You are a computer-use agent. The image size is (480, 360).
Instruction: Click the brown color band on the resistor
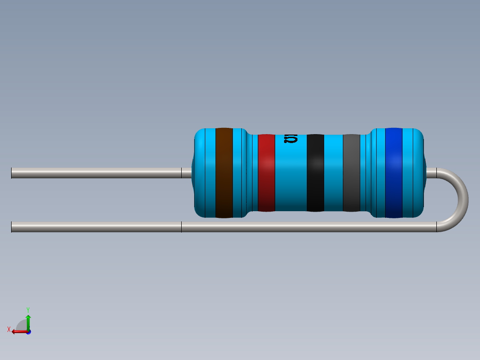coord(224,173)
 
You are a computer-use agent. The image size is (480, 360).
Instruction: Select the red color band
coord(266,173)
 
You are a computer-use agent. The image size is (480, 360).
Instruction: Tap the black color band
coord(315,173)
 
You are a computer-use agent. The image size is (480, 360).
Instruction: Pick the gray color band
coord(351,173)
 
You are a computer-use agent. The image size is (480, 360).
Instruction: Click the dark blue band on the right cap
coord(394,173)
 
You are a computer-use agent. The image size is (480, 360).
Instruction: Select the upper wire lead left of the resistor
coord(96,173)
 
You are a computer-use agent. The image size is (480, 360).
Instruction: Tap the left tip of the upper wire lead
coord(12,173)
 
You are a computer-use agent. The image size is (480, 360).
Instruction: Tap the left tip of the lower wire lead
coord(12,227)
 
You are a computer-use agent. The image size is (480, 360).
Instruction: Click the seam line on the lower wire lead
coord(181,227)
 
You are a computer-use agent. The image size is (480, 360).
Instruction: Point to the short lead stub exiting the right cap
coord(431,173)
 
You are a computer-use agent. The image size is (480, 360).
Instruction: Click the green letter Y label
coord(28,309)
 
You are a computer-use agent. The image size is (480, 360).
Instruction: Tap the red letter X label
coord(9,329)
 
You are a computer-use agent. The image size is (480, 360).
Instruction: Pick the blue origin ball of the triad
coord(28,332)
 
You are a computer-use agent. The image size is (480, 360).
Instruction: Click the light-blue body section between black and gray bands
coord(333,173)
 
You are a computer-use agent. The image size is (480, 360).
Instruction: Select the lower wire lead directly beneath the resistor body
coord(307,227)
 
